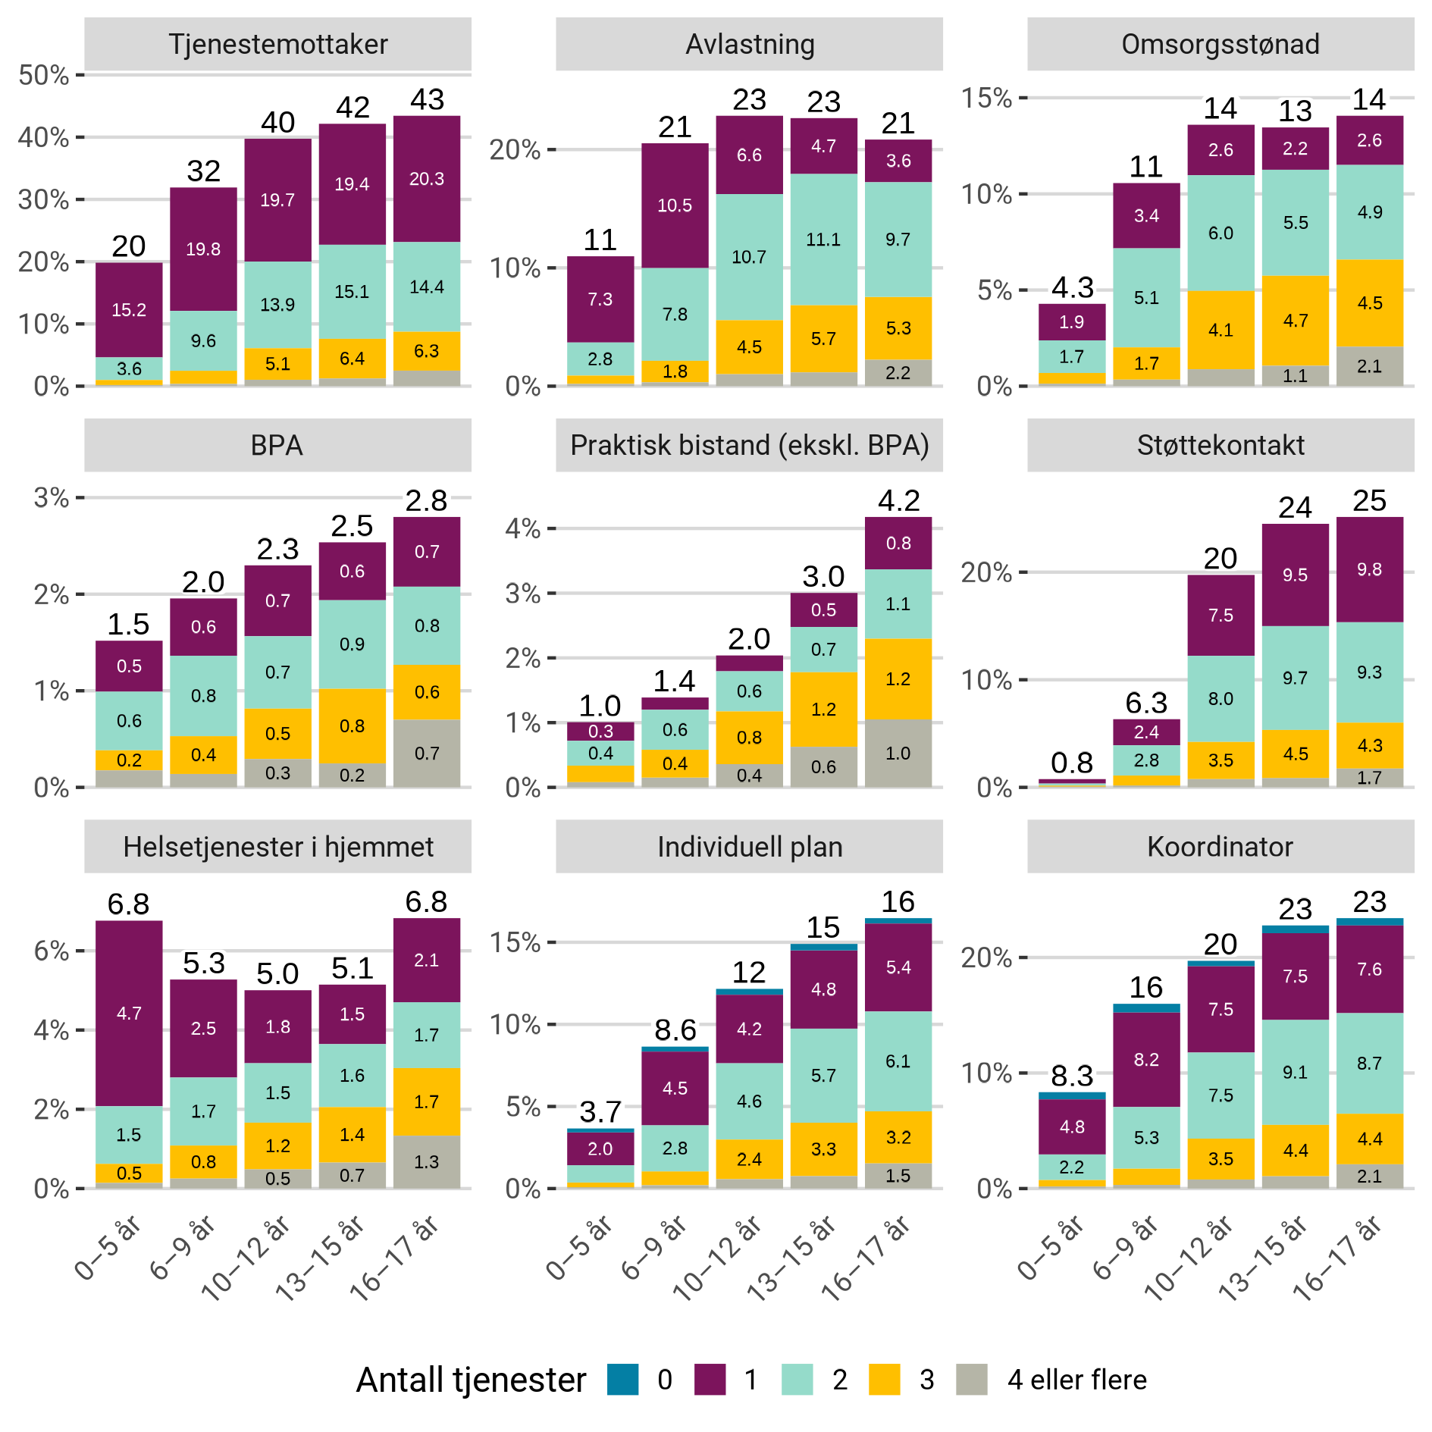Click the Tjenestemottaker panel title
point(277,44)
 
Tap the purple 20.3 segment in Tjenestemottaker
point(427,179)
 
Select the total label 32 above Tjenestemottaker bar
point(203,171)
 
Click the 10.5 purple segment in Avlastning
point(675,205)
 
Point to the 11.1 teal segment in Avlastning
point(823,240)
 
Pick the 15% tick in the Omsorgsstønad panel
point(986,98)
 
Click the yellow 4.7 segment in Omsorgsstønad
point(1295,321)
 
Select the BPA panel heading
point(277,445)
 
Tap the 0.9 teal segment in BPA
point(352,644)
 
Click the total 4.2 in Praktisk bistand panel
point(898,500)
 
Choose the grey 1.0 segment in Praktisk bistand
point(898,754)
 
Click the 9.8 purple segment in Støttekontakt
point(1369,569)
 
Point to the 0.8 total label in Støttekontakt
point(1072,763)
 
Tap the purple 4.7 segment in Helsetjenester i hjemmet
point(129,1014)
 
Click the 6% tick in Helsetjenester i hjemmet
point(52,951)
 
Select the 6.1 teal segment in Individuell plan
point(898,1061)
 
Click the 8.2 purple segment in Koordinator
point(1146,1060)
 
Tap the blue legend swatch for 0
point(623,1380)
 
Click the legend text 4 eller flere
point(1076,1380)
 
